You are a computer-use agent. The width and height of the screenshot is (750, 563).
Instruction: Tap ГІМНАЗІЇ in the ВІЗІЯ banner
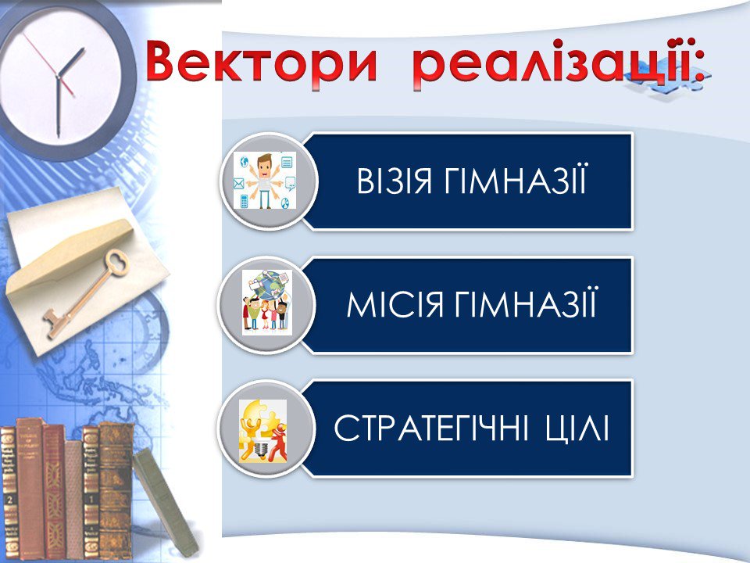[x=516, y=180]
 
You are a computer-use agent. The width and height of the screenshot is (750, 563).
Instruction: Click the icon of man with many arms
[x=265, y=181]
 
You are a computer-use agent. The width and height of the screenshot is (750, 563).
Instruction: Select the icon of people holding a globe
[x=267, y=302]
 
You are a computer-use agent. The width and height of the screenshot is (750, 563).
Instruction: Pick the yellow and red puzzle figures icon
[x=263, y=430]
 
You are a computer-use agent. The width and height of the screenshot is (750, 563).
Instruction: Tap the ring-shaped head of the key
[x=116, y=262]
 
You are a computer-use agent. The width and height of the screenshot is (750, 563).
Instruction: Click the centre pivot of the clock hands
[x=58, y=77]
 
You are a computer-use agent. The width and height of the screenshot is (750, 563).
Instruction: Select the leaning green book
[x=165, y=502]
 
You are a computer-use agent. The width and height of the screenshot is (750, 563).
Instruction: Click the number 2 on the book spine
[x=10, y=500]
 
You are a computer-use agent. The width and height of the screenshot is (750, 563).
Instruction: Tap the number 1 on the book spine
[x=91, y=500]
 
